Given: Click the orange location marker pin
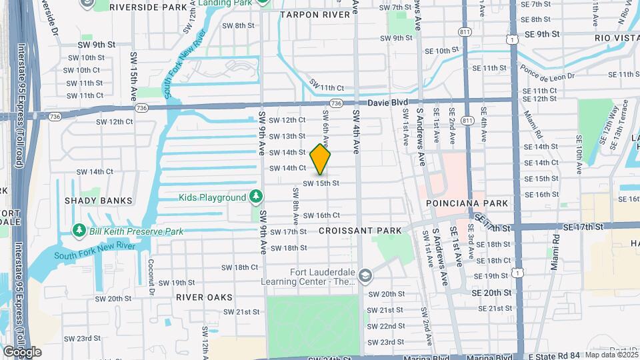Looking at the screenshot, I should (x=321, y=160).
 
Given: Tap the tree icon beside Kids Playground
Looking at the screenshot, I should (x=255, y=197).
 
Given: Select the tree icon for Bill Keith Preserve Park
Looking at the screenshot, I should (x=79, y=231).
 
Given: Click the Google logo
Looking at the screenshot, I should (x=21, y=351).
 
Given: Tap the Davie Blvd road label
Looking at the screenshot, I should (x=389, y=103).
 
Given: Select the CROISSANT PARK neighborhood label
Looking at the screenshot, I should (x=360, y=231).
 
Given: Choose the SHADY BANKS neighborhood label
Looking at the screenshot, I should (x=99, y=200).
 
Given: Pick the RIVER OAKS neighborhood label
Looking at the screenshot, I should (x=205, y=297).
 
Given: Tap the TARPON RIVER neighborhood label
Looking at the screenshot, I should (x=315, y=15).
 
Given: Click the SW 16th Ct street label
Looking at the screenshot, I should (x=321, y=215).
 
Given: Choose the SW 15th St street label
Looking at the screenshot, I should (x=321, y=183).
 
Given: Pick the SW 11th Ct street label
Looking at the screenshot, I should (x=327, y=87).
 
